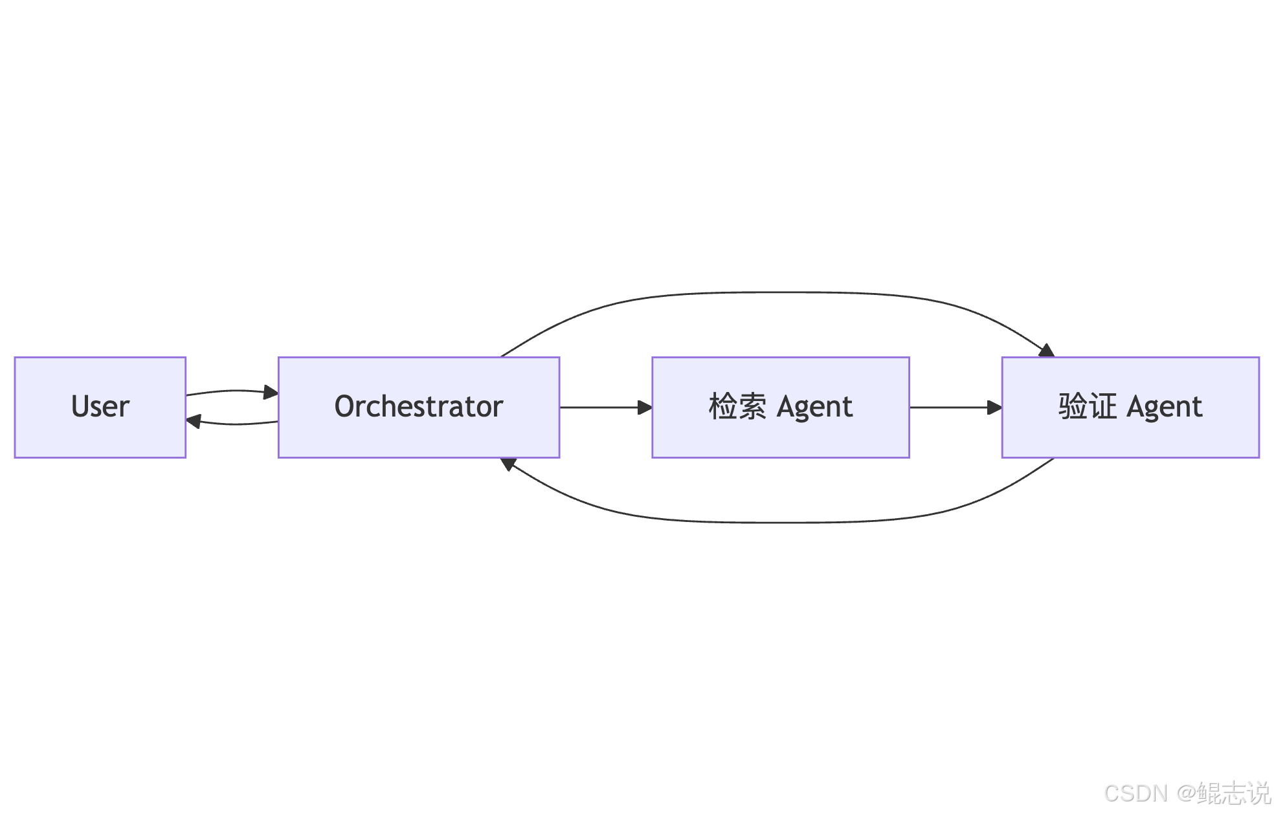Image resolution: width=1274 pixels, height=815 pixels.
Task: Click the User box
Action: click(100, 433)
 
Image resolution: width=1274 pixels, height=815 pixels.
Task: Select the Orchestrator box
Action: click(418, 437)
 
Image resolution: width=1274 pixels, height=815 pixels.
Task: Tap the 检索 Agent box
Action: click(780, 437)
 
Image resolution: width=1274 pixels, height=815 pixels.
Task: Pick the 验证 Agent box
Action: click(1130, 437)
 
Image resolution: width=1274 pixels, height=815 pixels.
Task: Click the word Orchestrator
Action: click(418, 407)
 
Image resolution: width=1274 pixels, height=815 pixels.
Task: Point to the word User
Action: click(100, 407)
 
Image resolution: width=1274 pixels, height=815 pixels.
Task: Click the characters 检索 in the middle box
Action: click(737, 407)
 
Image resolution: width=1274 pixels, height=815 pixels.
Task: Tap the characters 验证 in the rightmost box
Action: click(1087, 407)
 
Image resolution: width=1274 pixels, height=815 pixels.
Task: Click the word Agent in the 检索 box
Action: click(814, 407)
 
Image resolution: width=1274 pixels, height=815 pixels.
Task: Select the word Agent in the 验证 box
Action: click(1164, 407)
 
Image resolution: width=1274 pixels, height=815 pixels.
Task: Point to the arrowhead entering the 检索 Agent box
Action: click(645, 407)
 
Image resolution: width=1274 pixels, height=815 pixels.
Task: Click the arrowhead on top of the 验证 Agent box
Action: click(1047, 351)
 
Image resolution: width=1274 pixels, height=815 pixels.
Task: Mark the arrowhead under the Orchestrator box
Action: click(508, 463)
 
